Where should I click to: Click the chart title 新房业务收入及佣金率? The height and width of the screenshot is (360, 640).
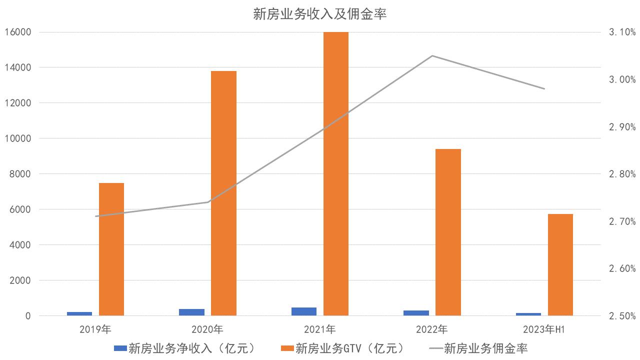coord(320,14)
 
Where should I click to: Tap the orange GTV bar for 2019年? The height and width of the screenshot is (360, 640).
coord(111,249)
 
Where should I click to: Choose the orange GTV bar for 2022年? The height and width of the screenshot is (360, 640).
coord(448,232)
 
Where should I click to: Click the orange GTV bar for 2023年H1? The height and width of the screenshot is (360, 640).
coord(560,265)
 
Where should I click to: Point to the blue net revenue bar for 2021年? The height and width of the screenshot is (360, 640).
coord(304,311)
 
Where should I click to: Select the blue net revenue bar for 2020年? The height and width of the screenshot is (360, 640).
coord(191,312)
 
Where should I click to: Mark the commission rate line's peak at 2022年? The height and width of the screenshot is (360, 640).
coord(432,55)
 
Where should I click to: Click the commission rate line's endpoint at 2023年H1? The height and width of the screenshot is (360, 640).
coord(544,89)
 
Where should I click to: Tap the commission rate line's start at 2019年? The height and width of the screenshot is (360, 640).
coord(95,216)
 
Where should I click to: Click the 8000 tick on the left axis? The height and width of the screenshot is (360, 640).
coord(20,174)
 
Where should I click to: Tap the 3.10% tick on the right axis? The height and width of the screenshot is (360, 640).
coord(622,32)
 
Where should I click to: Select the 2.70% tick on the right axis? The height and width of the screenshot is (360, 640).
coord(622,221)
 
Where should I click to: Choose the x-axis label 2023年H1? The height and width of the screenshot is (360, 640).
coord(544,329)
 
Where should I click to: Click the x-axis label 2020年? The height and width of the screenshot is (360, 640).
coord(207,329)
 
